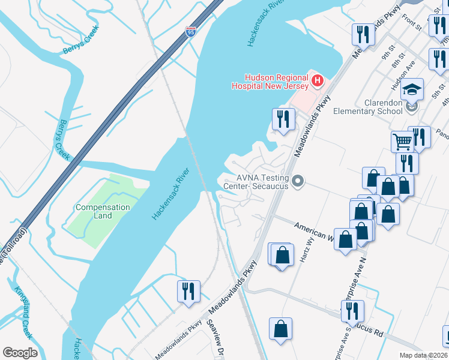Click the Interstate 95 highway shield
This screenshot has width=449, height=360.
coord(190,32)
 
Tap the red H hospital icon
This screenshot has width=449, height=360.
coord(317,80)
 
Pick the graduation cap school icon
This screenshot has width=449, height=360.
coord(412,89)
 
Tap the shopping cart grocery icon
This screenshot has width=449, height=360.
coord(402,142)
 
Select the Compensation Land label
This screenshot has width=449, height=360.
coord(103,211)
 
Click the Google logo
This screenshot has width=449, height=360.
coord(20,353)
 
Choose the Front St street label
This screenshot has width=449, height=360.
coord(412,23)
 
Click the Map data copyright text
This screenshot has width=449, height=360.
coord(423,355)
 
